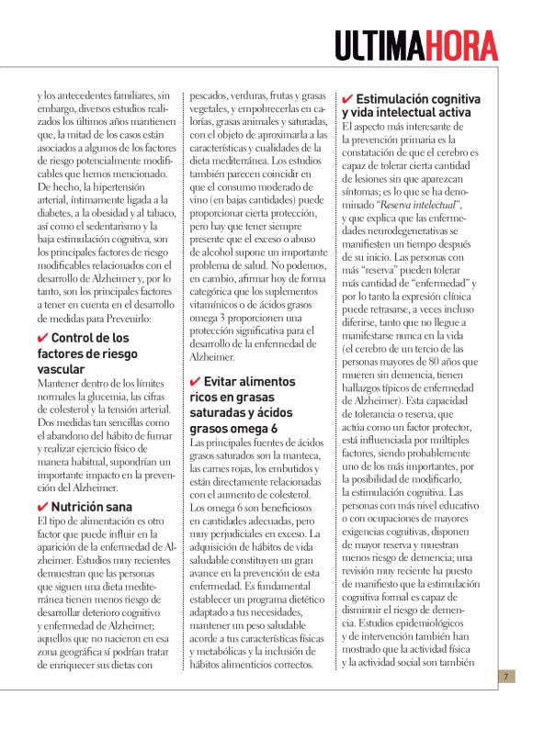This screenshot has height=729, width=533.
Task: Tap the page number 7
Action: (x=505, y=677)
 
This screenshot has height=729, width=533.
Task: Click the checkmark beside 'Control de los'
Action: (x=41, y=338)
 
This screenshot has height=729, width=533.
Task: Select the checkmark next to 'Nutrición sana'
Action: (x=41, y=506)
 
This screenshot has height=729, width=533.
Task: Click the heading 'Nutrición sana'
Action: (x=91, y=506)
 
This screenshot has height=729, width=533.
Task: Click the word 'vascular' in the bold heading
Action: (x=62, y=368)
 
